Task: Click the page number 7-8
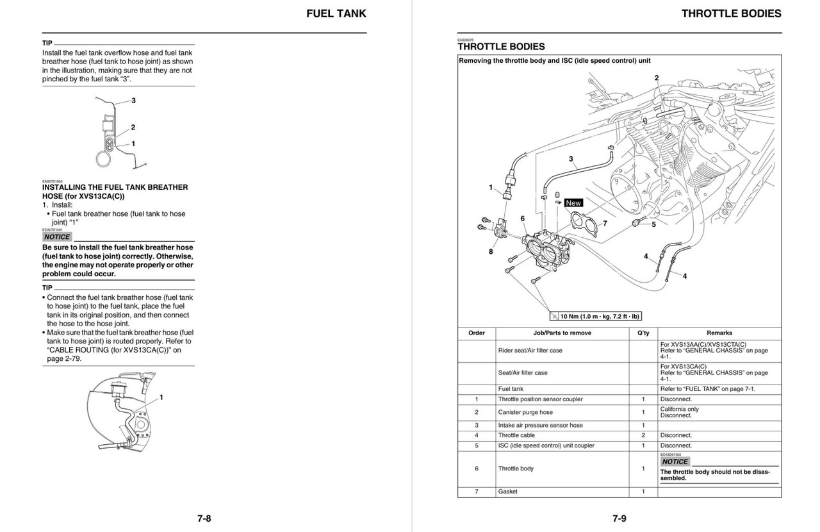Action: pyautogui.click(x=204, y=519)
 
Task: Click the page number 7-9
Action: pyautogui.click(x=619, y=519)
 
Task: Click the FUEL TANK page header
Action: pyautogui.click(x=336, y=13)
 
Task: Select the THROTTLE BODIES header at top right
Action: pyautogui.click(x=731, y=13)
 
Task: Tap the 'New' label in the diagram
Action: pyautogui.click(x=573, y=203)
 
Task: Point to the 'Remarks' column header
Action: pyautogui.click(x=719, y=333)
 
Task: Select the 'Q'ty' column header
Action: pyautogui.click(x=643, y=333)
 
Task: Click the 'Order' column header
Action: pyautogui.click(x=477, y=333)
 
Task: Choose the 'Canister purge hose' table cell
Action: pyautogui.click(x=525, y=412)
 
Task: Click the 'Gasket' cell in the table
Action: pyautogui.click(x=508, y=492)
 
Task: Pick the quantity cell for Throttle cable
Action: pyautogui.click(x=643, y=435)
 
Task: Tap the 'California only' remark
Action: pyautogui.click(x=680, y=409)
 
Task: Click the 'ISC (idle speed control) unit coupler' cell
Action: pyautogui.click(x=546, y=445)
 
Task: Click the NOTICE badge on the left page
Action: pyautogui.click(x=57, y=237)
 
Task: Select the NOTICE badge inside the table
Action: pyautogui.click(x=675, y=461)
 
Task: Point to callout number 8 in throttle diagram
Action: pyautogui.click(x=491, y=251)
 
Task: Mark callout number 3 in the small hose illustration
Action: pyautogui.click(x=133, y=101)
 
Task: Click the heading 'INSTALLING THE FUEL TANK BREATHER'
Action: pyautogui.click(x=115, y=187)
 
